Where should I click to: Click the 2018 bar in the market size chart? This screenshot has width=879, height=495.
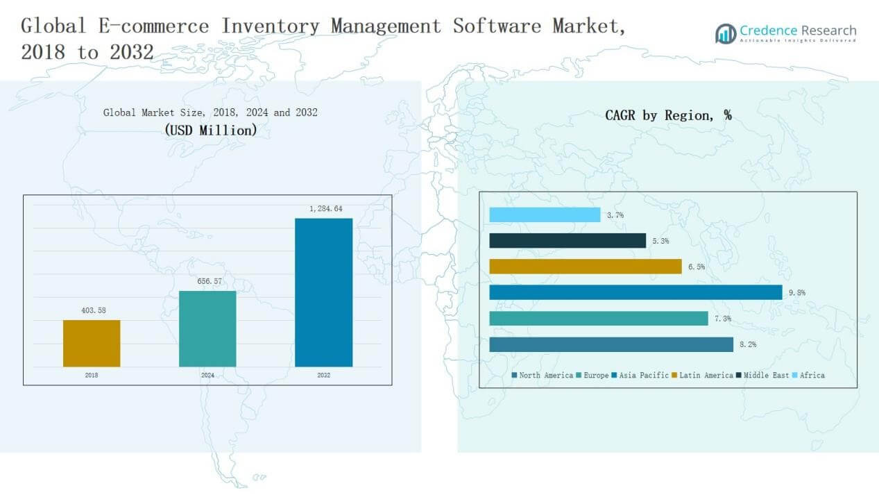(92, 343)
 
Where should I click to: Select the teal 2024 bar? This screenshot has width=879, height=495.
(207, 328)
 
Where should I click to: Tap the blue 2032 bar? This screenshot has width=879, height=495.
(323, 292)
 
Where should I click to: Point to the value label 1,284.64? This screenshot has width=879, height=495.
(323, 209)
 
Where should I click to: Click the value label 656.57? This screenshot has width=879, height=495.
(207, 281)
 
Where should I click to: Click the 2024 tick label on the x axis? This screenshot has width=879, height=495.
(207, 375)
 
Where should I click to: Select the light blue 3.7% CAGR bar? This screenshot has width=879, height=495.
(545, 215)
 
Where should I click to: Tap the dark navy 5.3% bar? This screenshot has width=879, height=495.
(567, 241)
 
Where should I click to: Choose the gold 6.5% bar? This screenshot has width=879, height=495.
(585, 267)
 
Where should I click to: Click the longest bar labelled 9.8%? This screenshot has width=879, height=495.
(635, 292)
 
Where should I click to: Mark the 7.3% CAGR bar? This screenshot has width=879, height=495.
(599, 318)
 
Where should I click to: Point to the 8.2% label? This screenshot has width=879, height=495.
(748, 344)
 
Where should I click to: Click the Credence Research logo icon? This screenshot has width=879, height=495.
(726, 33)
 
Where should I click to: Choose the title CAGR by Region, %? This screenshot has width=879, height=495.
(668, 116)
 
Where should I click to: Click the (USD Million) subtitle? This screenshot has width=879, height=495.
(210, 130)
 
